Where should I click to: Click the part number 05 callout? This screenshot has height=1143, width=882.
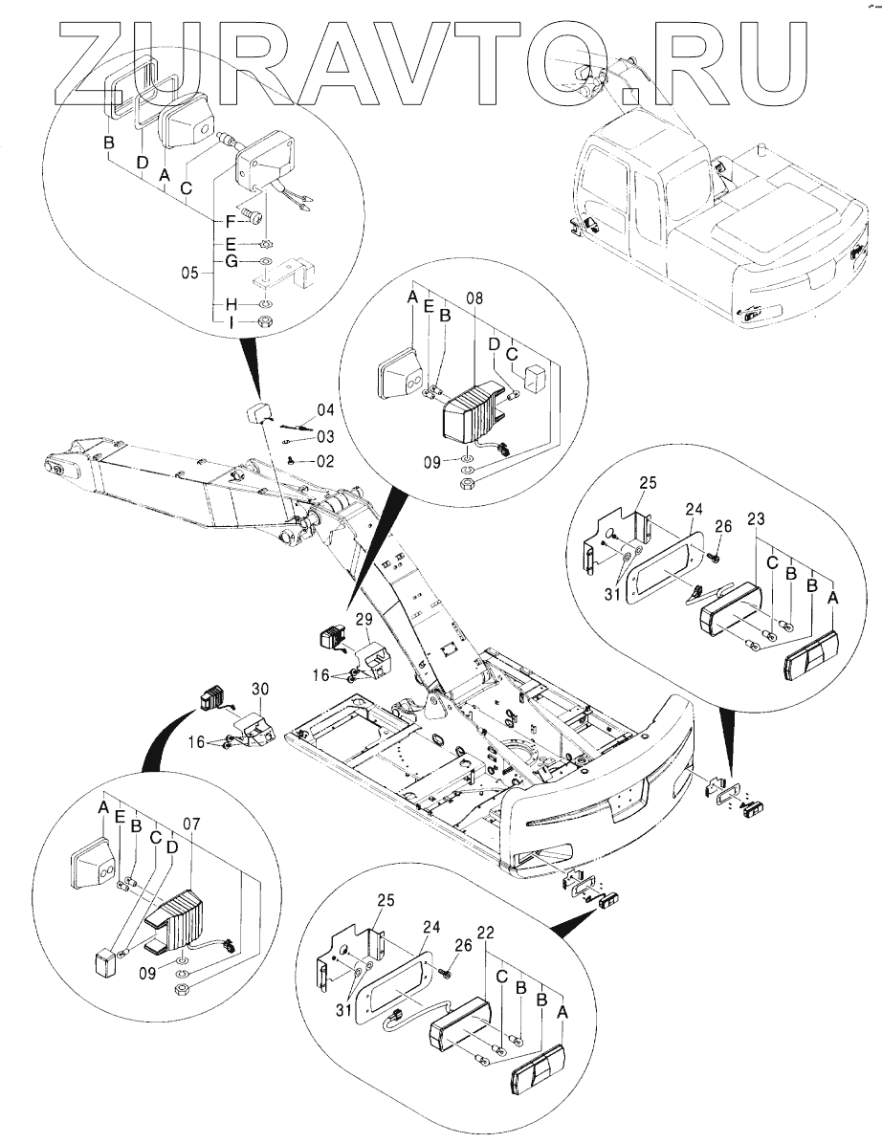click(189, 274)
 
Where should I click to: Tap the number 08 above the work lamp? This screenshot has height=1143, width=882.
click(474, 298)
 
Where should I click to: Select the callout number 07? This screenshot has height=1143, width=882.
click(191, 824)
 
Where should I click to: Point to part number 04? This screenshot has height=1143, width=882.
click(325, 410)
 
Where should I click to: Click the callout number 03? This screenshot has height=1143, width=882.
click(325, 437)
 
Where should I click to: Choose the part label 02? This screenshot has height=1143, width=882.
click(325, 461)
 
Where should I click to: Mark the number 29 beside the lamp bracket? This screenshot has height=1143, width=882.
click(364, 620)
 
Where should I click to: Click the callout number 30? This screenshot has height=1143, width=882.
click(260, 689)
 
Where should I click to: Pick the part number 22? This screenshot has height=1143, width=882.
click(487, 933)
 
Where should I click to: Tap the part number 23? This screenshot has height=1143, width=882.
click(756, 519)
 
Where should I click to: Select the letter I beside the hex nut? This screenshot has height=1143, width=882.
click(232, 322)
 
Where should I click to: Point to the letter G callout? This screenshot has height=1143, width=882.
click(232, 260)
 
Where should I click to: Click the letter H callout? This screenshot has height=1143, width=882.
click(232, 303)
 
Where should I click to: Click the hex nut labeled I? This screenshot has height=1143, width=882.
click(266, 321)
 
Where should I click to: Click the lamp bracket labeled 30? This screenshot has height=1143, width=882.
click(253, 729)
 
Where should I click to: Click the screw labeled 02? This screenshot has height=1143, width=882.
click(292, 460)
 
